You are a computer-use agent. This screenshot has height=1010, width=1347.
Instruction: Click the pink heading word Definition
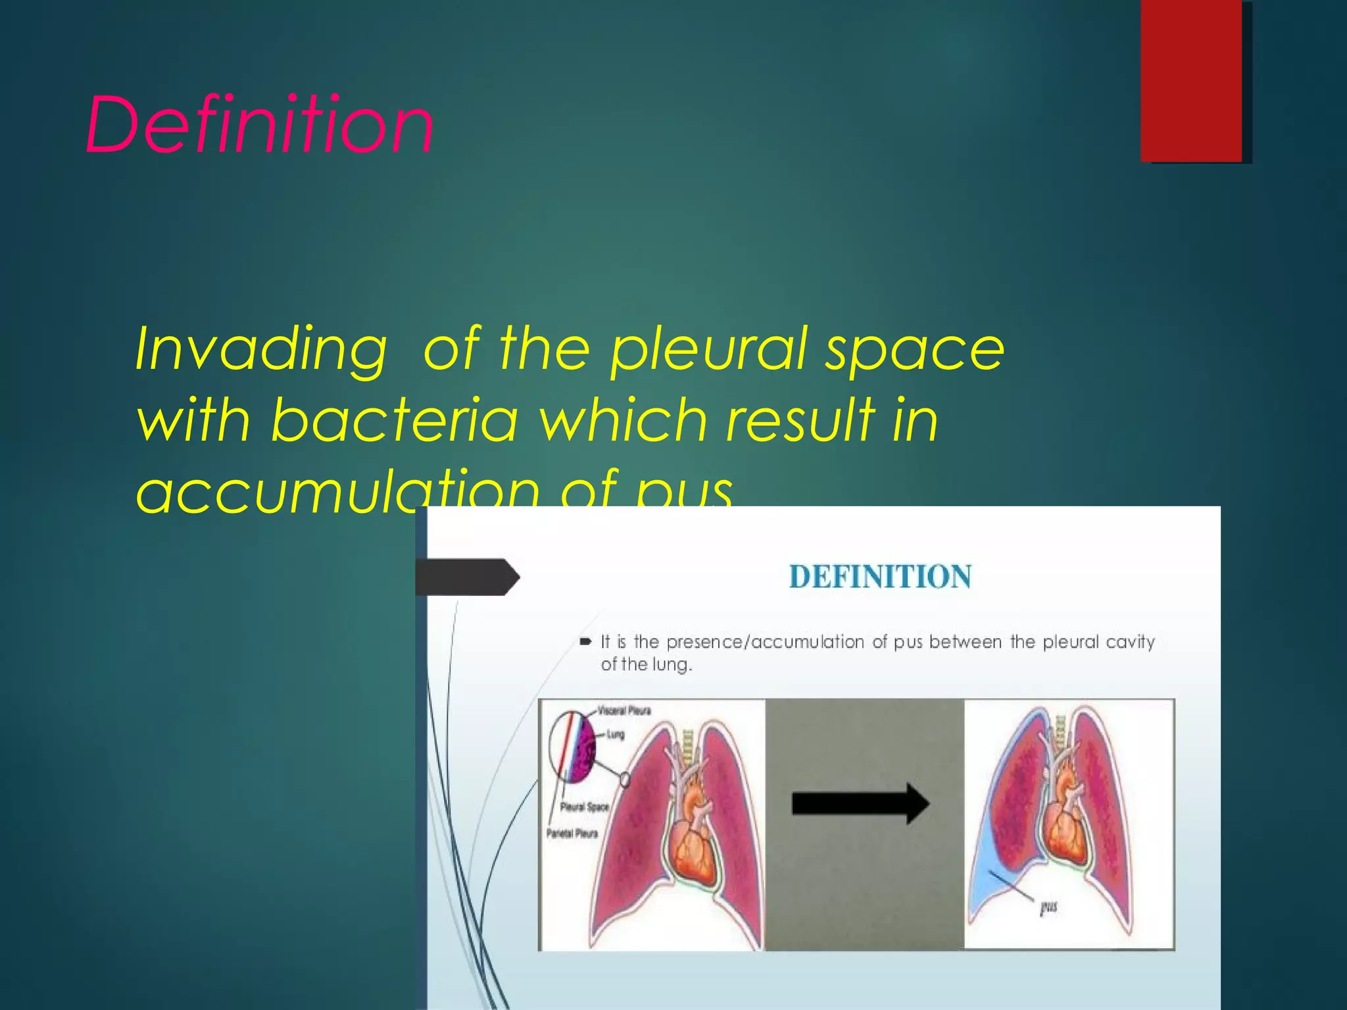tap(259, 125)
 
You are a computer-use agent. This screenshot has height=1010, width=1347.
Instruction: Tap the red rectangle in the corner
tap(1191, 80)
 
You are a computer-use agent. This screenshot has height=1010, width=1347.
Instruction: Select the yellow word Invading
tap(260, 350)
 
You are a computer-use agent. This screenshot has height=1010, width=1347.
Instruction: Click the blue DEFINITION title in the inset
tap(880, 577)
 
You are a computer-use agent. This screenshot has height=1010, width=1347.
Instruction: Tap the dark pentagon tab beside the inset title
tap(467, 577)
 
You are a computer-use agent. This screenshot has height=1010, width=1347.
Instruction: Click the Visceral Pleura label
tap(624, 710)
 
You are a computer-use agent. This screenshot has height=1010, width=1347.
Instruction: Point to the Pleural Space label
tap(584, 807)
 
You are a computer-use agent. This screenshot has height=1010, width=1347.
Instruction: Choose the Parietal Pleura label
tap(572, 834)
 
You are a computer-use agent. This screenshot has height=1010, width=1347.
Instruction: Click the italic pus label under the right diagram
tap(1048, 907)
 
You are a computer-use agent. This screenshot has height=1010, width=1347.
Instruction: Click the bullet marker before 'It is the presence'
tap(585, 642)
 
